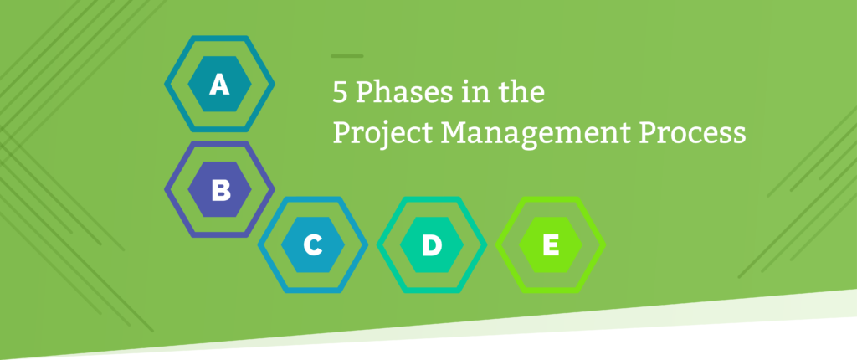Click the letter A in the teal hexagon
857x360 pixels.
click(x=219, y=85)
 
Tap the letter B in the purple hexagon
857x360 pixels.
click(x=220, y=191)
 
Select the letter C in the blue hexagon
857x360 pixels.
click(x=312, y=245)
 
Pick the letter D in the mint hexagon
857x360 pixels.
click(x=431, y=245)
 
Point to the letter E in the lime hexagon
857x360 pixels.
click(x=550, y=245)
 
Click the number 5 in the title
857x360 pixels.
click(x=339, y=92)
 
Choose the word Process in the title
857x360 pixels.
click(x=696, y=132)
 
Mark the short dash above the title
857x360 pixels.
click(x=346, y=56)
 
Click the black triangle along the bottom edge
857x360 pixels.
click(x=502, y=347)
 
